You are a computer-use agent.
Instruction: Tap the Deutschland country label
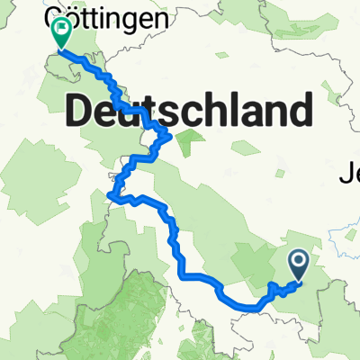[x=190, y=112]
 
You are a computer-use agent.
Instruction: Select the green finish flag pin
[x=61, y=34]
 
